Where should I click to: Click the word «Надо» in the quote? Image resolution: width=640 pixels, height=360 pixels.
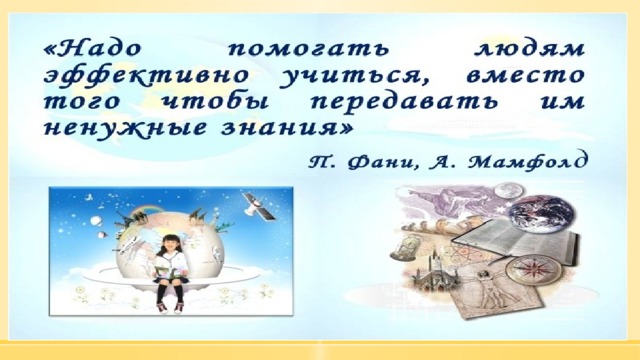[x=92, y=49]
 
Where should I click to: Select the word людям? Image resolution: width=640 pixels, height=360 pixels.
[x=529, y=49]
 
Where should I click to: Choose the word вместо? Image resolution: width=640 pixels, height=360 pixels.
[x=525, y=76]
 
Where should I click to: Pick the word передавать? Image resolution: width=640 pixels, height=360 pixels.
[x=404, y=102]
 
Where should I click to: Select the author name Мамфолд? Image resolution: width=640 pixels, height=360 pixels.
[x=529, y=162]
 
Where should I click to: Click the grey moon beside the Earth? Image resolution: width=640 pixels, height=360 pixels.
[x=508, y=191]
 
